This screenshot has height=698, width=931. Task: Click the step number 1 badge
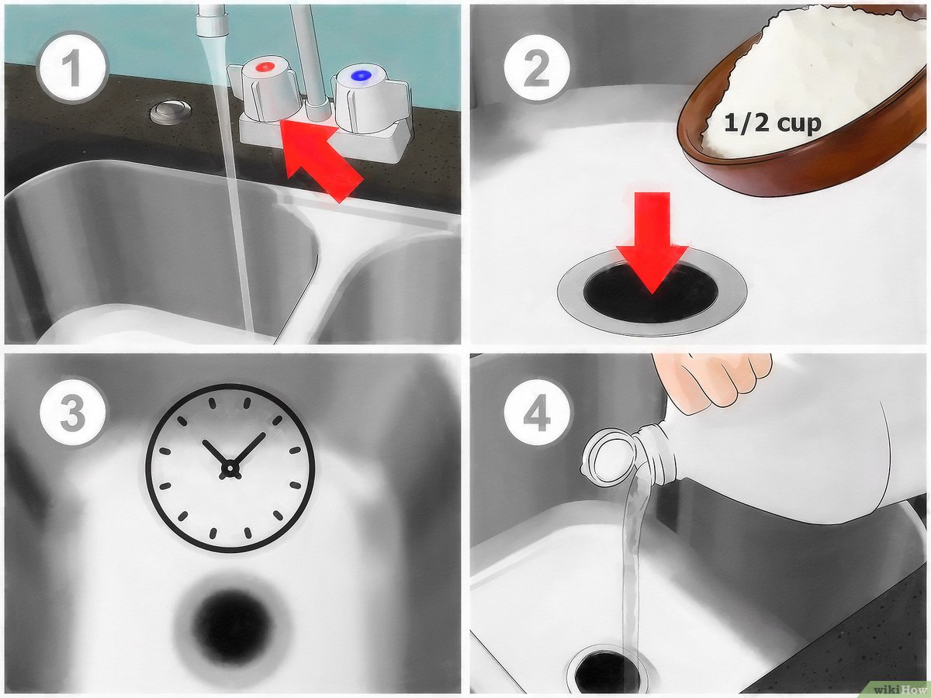pos(71,67)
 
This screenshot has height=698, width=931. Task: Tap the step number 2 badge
pos(537,67)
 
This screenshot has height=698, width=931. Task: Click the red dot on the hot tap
pos(266,67)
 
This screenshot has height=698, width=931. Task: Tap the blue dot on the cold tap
pos(361,75)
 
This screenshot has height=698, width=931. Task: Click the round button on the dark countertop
pos(170,112)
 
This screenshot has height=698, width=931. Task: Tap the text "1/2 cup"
pos(773,123)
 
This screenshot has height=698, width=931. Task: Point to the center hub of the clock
pos(230,468)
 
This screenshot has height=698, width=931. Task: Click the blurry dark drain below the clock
pos(232,622)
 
